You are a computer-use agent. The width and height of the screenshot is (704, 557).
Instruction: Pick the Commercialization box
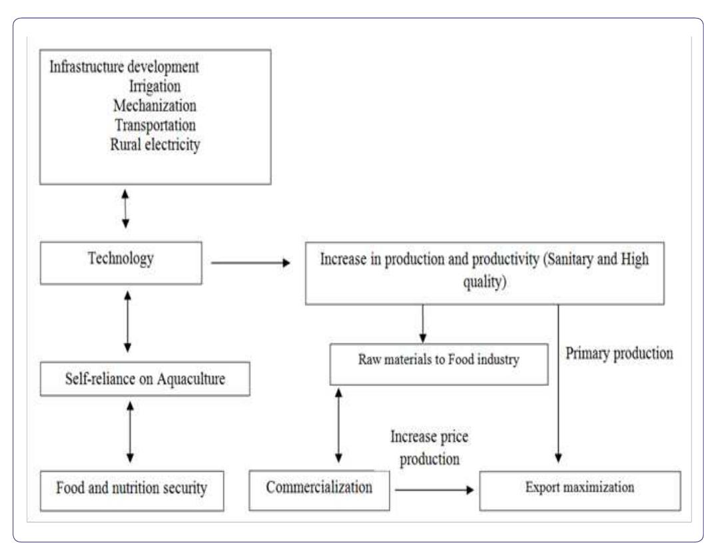[x=320, y=488]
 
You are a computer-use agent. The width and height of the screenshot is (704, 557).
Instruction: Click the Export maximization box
[x=580, y=489]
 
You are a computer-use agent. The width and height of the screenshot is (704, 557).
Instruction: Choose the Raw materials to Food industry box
[x=439, y=363]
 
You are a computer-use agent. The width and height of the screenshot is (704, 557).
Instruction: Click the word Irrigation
[x=155, y=87]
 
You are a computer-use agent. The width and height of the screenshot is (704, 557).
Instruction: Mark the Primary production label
[x=617, y=354]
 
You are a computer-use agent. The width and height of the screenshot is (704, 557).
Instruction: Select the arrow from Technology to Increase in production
[x=250, y=264]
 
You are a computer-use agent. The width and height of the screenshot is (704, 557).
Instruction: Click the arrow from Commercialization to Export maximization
[x=436, y=490]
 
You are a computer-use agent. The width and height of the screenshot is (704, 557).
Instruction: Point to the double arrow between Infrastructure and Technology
[x=125, y=207]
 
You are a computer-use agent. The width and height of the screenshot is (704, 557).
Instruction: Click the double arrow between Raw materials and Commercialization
[x=339, y=426]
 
